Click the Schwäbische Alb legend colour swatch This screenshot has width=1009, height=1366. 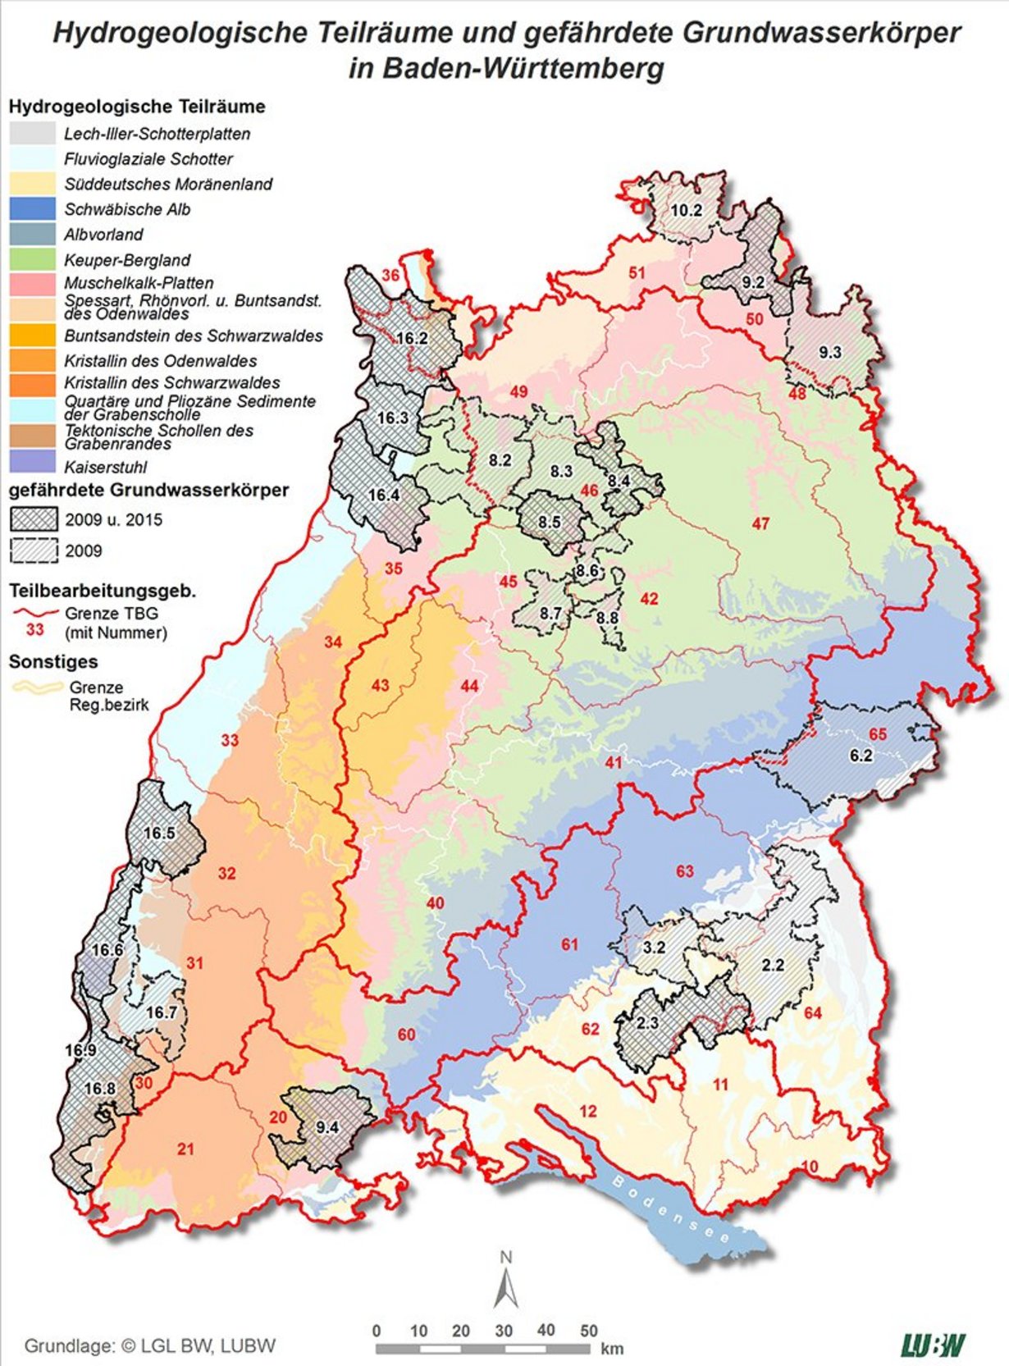tap(34, 209)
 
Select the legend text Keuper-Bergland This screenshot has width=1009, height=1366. tap(127, 260)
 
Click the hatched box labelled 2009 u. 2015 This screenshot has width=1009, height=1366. tap(34, 519)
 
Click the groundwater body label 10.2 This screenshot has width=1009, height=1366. tap(687, 210)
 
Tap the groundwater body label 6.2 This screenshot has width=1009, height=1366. tap(861, 756)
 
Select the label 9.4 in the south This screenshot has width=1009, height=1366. tap(326, 1127)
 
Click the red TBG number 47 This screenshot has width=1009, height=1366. tap(760, 523)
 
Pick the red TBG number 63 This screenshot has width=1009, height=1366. tap(684, 871)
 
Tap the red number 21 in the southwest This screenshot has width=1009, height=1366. tap(186, 1149)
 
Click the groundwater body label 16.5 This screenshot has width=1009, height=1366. tap(159, 833)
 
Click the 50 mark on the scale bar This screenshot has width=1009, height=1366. tap(588, 1331)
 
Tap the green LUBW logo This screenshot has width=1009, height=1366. tap(933, 1345)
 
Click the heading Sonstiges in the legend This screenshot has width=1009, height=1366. tap(53, 661)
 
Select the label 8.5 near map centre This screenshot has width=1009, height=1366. tap(549, 522)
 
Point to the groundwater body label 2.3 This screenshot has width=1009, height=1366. tap(647, 1022)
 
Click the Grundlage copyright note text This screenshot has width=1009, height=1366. tap(149, 1345)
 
